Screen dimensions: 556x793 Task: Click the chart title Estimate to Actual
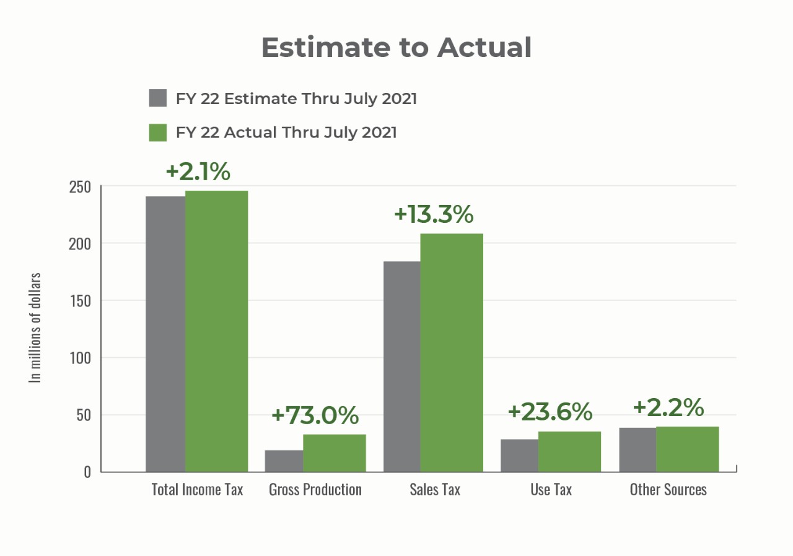pyautogui.click(x=396, y=48)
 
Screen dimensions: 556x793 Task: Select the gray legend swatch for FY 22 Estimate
pyautogui.click(x=158, y=98)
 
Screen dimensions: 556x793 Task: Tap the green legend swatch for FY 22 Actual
pyautogui.click(x=158, y=132)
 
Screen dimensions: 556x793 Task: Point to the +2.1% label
pyautogui.click(x=198, y=172)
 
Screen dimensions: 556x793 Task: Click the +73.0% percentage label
pyautogui.click(x=315, y=415)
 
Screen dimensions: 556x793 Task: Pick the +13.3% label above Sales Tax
pyautogui.click(x=434, y=214)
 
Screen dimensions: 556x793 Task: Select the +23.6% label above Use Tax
pyautogui.click(x=550, y=411)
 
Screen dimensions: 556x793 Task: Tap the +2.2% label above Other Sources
pyautogui.click(x=668, y=407)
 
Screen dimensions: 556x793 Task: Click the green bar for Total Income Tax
pyautogui.click(x=216, y=331)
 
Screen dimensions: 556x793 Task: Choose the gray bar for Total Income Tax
pyautogui.click(x=165, y=334)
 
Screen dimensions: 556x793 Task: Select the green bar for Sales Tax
pyautogui.click(x=452, y=352)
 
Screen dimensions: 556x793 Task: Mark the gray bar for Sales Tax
pyautogui.click(x=401, y=367)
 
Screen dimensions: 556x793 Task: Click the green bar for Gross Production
pyautogui.click(x=334, y=453)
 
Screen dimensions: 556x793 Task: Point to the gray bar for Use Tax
pyautogui.click(x=519, y=455)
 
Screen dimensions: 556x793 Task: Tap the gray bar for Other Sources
pyautogui.click(x=637, y=450)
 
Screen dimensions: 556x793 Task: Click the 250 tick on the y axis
pyautogui.click(x=79, y=187)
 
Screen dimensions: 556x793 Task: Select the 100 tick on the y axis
pyautogui.click(x=79, y=358)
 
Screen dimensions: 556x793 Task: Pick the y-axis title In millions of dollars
pyautogui.click(x=36, y=328)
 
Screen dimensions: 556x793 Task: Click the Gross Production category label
pyautogui.click(x=315, y=490)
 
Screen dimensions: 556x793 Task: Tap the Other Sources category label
pyautogui.click(x=668, y=490)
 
